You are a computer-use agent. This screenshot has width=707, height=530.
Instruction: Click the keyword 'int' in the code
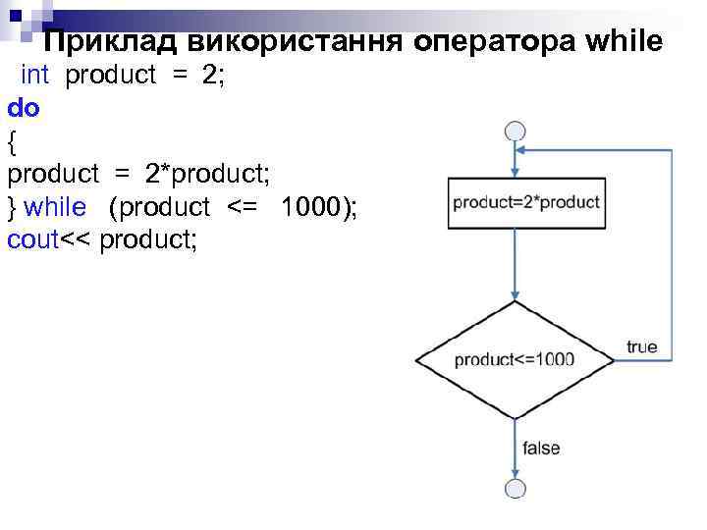coord(35,77)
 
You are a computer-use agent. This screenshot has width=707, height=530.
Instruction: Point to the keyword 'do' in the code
coord(24,109)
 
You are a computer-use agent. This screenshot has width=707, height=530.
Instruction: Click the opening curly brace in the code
coord(12,141)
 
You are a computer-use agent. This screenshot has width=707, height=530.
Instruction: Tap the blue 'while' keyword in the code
coord(55,207)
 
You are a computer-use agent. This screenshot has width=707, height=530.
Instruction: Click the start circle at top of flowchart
coord(515,132)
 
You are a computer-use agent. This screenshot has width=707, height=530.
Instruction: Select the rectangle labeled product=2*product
coord(526,203)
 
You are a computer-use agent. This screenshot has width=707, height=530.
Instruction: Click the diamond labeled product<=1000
coord(515,359)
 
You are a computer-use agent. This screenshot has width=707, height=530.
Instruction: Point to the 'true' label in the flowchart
coord(642,346)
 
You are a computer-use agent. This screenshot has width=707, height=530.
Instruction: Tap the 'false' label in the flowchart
coord(541,448)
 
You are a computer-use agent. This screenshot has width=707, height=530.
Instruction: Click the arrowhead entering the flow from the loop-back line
coord(523,150)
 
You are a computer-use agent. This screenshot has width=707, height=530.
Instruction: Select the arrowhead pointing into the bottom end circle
coord(515,474)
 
